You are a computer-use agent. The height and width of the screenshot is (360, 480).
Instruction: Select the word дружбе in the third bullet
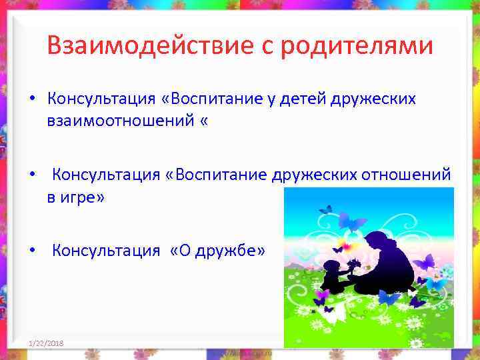coord(226,251)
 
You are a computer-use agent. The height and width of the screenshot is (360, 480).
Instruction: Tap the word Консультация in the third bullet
coord(106,251)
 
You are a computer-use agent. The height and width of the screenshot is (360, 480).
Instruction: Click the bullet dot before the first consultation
coord(32,100)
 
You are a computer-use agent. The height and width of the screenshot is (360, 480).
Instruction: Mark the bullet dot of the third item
coord(32,251)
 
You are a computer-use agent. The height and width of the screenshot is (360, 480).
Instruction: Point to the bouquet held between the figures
coord(353,265)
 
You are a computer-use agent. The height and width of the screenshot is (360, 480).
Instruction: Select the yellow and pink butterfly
coord(344,240)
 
